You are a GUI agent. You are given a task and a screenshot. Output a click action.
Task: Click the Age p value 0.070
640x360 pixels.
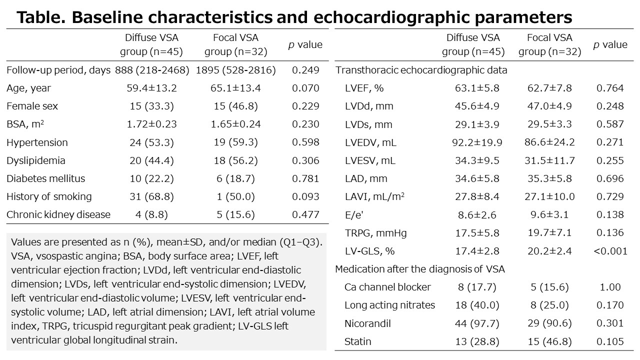(x=305, y=88)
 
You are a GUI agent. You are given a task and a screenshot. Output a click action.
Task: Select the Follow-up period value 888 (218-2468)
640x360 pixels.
(x=152, y=70)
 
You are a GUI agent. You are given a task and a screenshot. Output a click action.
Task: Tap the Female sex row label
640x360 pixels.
(x=32, y=106)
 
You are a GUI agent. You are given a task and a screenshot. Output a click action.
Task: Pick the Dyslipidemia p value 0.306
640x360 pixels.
(x=305, y=160)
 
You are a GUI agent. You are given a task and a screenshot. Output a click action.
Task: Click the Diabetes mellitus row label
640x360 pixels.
(x=45, y=178)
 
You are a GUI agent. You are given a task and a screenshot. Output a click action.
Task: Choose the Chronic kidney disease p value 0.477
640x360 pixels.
(x=305, y=214)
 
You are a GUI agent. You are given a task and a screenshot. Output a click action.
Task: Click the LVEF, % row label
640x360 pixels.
(x=364, y=88)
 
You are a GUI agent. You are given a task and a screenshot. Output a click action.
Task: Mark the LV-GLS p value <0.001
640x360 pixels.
(x=610, y=250)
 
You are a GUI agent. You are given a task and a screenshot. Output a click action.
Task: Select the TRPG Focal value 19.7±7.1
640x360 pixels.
(x=549, y=232)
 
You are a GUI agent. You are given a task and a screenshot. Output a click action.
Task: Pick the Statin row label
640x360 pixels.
(x=357, y=342)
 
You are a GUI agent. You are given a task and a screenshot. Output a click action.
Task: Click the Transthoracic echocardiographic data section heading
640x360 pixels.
(x=421, y=70)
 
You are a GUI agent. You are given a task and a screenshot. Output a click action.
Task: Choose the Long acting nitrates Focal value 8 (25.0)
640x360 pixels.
(x=549, y=305)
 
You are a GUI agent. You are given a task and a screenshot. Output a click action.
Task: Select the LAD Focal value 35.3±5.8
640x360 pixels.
(x=549, y=178)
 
